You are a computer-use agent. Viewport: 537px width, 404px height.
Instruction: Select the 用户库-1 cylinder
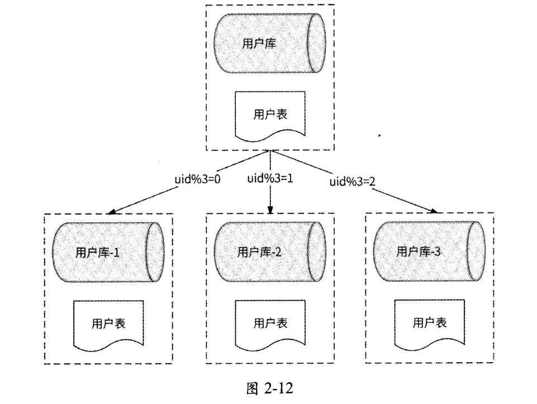(x=106, y=252)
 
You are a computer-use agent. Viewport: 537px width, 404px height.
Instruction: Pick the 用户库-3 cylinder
(x=427, y=251)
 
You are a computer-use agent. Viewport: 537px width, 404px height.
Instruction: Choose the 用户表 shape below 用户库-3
(x=429, y=324)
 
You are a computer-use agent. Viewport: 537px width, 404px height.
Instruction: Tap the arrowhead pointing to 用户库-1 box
(x=112, y=213)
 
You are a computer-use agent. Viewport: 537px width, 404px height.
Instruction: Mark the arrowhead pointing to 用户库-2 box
(x=270, y=211)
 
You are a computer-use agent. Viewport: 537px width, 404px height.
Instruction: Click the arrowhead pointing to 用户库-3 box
(x=433, y=211)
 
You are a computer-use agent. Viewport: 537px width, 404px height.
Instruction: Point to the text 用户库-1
(x=98, y=253)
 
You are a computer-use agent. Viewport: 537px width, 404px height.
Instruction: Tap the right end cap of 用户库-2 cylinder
(x=316, y=252)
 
